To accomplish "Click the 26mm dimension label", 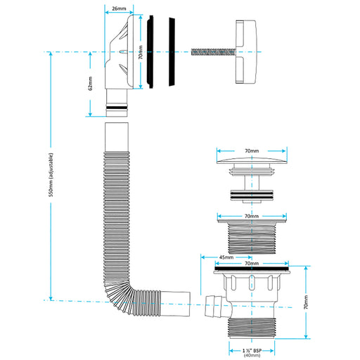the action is coord(119,8).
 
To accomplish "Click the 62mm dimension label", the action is coord(91,83).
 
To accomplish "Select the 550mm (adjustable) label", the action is coord(51,175).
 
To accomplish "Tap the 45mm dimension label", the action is coord(226,257).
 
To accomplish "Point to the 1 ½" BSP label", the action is coord(252,351).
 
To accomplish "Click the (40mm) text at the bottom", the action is coord(252,356).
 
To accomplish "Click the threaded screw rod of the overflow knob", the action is coord(213,52).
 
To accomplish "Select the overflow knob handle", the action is coord(245,52).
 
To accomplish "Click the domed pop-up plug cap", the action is coord(252,160).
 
